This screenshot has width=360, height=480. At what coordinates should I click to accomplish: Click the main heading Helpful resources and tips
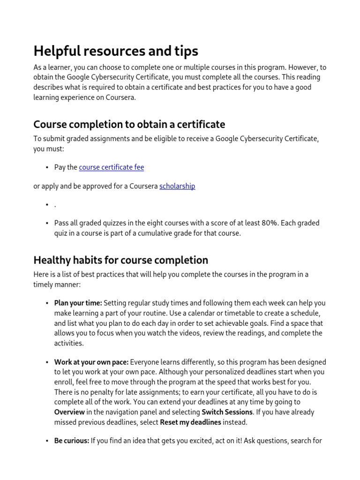(x=116, y=51)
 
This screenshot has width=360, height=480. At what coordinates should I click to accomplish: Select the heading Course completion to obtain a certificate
(x=129, y=124)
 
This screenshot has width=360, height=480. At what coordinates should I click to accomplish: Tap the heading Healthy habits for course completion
(x=120, y=260)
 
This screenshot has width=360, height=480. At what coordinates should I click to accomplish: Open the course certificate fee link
(x=112, y=167)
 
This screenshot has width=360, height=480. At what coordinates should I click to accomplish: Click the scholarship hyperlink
(x=177, y=186)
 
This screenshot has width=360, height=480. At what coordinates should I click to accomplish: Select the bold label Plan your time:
(x=78, y=303)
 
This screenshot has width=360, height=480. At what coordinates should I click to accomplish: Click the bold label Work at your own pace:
(x=91, y=362)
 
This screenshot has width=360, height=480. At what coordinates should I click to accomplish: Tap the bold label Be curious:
(x=71, y=441)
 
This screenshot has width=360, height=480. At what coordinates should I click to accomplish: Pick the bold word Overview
(x=69, y=412)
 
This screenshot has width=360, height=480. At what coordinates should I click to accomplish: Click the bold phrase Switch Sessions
(x=227, y=412)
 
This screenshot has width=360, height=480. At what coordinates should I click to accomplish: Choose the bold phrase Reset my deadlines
(x=190, y=422)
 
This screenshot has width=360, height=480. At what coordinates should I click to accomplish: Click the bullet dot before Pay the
(x=47, y=168)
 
